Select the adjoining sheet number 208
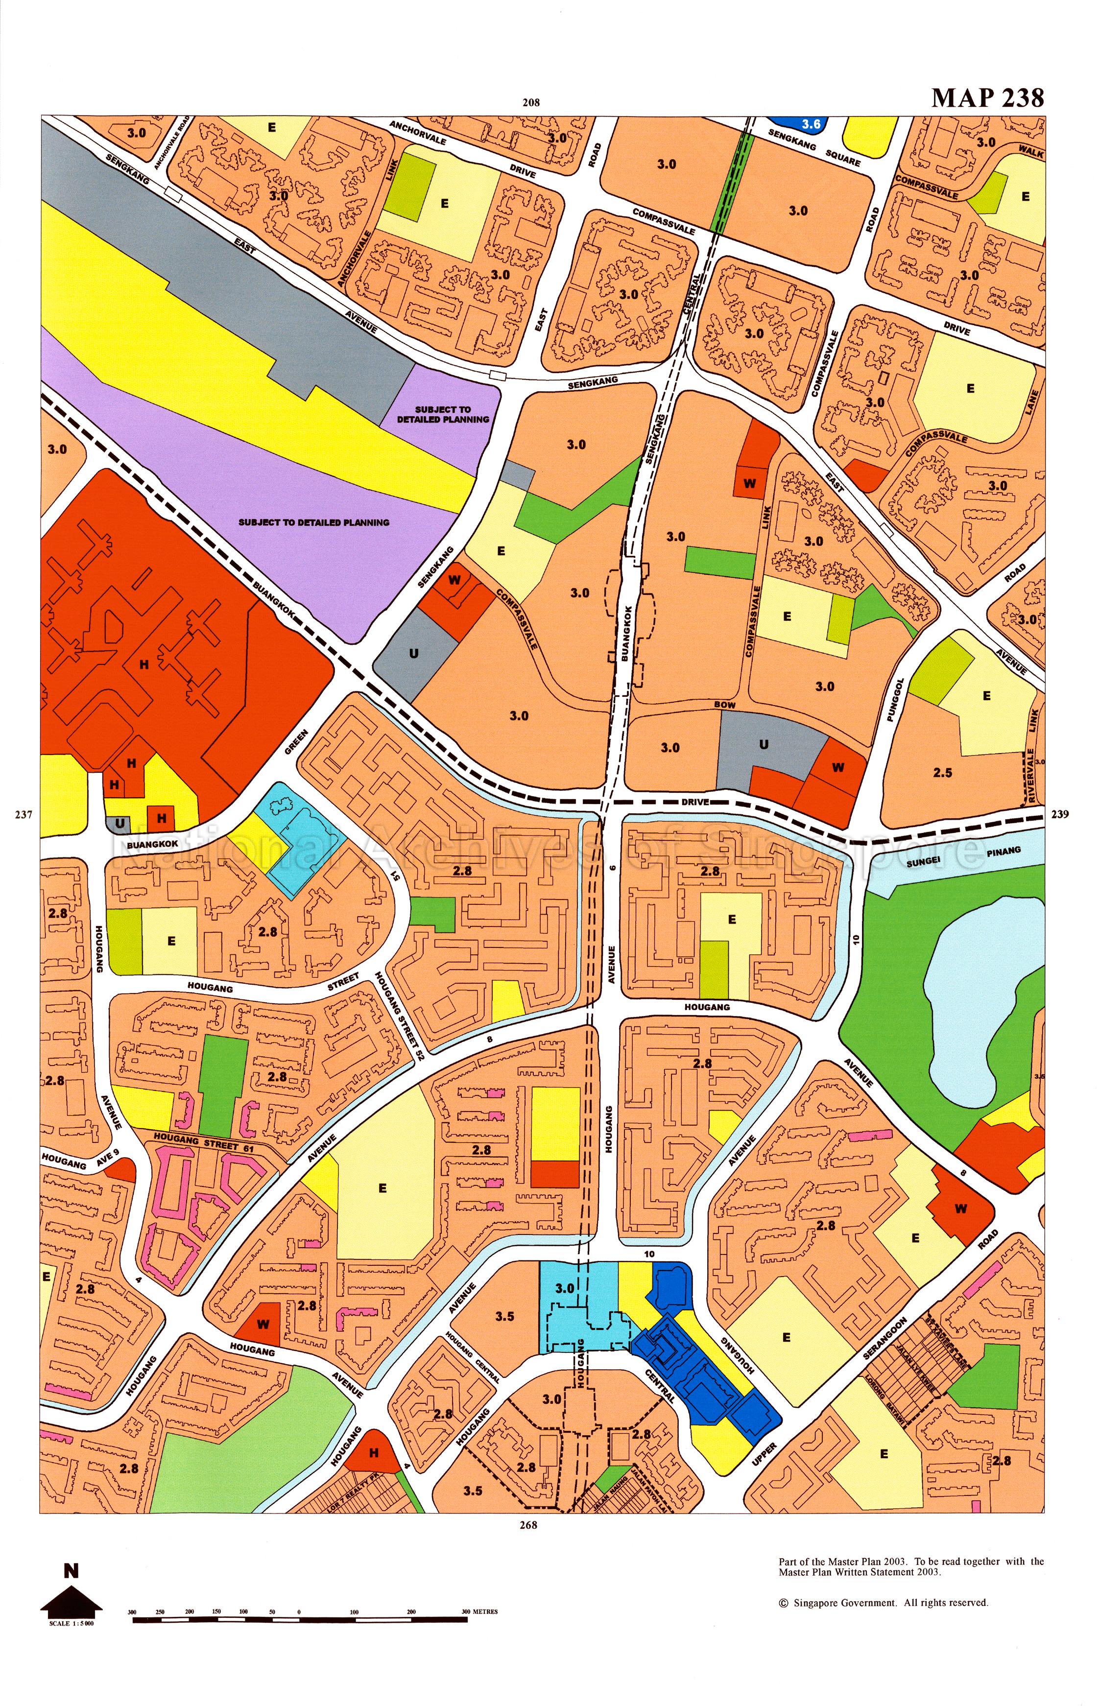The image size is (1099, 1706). coord(530,102)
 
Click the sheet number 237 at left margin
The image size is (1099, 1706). coord(24,815)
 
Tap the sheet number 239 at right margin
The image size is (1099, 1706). coord(1060,814)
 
